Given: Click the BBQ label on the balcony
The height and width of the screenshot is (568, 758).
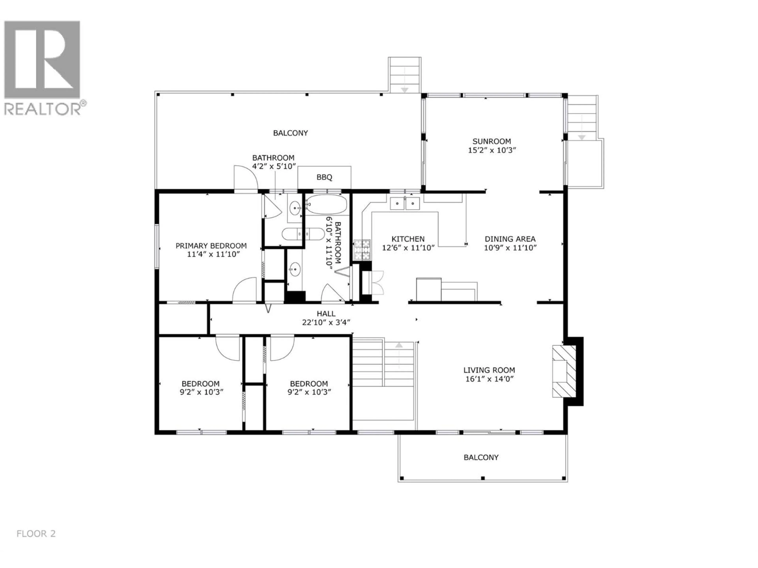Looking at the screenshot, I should pos(324,177).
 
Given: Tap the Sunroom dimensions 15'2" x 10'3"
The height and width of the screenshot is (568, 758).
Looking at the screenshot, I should pos(492,150).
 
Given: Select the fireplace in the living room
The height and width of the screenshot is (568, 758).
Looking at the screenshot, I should pos(564,371).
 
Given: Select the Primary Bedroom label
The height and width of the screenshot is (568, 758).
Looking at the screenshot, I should pos(211,246).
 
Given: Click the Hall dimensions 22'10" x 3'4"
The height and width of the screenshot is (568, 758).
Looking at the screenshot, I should pos(326,322).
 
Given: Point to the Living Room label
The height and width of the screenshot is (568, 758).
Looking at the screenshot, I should pos(489,370).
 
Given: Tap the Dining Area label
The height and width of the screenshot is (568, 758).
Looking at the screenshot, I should pos(510,239).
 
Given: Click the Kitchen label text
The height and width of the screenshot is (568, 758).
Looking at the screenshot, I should pos(408,239).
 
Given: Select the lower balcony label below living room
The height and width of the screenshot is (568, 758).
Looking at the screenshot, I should pos(481,457).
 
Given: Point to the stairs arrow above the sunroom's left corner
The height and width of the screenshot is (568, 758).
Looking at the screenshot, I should pos(405,89).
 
